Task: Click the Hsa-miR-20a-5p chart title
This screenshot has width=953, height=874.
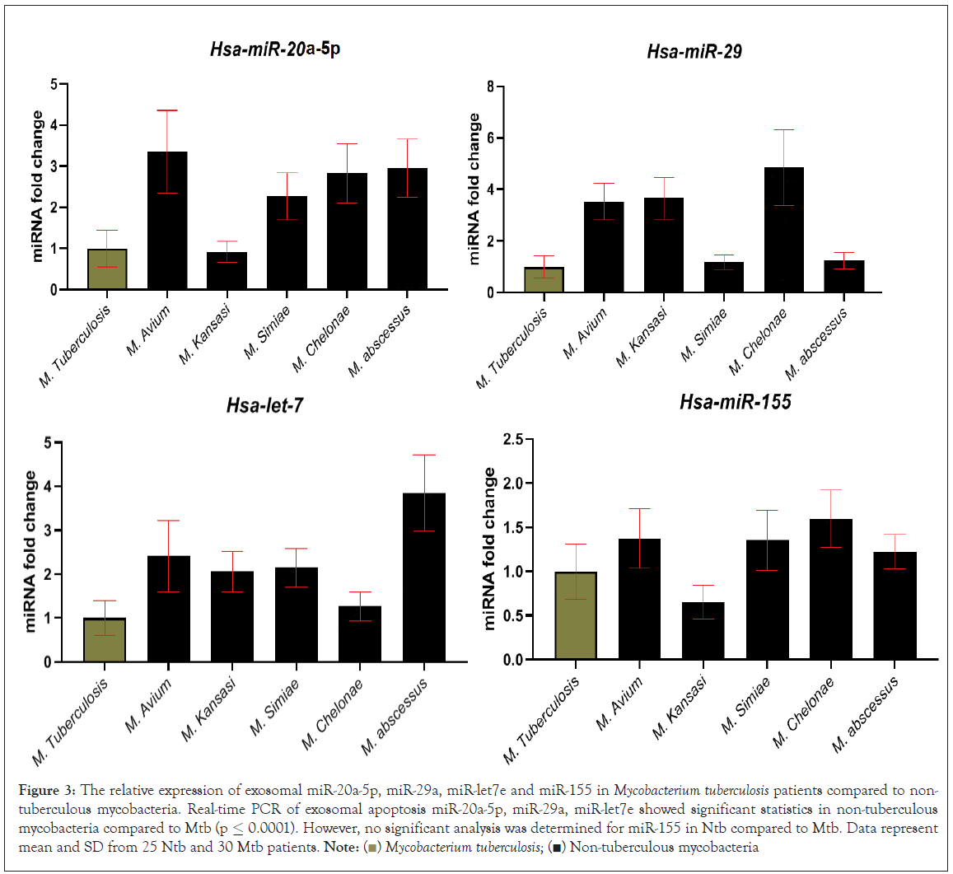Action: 274,49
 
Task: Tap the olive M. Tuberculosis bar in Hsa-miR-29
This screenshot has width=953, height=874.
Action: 544,280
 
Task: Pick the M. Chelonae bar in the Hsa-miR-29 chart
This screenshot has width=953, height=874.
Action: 783,230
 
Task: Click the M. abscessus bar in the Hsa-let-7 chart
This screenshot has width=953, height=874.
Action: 424,577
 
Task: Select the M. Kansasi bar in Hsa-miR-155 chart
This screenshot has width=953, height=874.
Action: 703,631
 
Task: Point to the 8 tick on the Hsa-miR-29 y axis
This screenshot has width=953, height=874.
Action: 489,86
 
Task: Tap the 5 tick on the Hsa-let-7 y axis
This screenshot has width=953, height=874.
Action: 49,443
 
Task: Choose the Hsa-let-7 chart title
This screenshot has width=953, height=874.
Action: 265,405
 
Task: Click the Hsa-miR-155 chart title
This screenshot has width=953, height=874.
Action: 735,402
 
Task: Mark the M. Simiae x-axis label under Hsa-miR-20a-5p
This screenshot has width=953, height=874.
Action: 264,334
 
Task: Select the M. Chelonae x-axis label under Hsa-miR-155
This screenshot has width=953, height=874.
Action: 804,713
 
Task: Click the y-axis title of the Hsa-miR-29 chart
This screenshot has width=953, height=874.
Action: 474,189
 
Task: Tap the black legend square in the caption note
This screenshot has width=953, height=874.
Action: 558,847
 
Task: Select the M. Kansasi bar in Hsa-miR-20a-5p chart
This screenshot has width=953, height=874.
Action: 227,271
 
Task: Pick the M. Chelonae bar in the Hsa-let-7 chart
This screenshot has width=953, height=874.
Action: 360,633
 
